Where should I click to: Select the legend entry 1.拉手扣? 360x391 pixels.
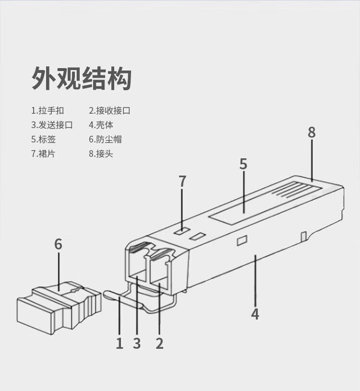[48, 111]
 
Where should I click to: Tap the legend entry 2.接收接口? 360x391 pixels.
[109, 111]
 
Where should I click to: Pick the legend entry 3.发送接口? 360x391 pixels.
[52, 125]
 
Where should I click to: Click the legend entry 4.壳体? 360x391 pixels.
[101, 125]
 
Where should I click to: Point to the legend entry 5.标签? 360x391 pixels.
[44, 140]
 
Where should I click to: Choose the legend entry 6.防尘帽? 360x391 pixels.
[105, 140]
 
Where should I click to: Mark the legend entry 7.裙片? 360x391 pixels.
[44, 154]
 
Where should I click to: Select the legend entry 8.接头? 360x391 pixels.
[101, 154]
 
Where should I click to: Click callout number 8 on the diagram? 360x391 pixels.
[312, 132]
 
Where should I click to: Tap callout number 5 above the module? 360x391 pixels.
[243, 164]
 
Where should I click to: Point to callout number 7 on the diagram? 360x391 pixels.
[182, 181]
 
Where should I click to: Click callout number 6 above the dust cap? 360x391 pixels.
[58, 244]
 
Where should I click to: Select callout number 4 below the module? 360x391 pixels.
[255, 314]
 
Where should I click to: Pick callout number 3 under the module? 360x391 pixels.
[137, 343]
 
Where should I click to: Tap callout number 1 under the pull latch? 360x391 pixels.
[120, 343]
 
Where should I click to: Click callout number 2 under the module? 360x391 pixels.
[159, 343]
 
